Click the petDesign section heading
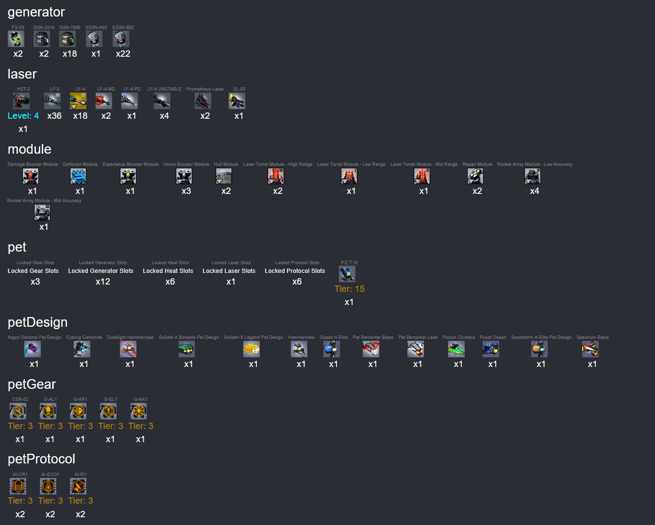pyautogui.click(x=37, y=322)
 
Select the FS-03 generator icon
pyautogui.click(x=16, y=39)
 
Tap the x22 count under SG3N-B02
pyautogui.click(x=123, y=54)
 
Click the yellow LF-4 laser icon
pyautogui.click(x=78, y=101)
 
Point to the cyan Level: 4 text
pyautogui.click(x=23, y=116)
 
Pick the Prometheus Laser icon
pyautogui.click(x=203, y=101)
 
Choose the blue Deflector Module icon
pyautogui.click(x=78, y=176)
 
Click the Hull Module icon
pyautogui.click(x=224, y=176)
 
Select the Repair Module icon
pyautogui.click(x=475, y=176)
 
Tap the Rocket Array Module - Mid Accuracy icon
pyautogui.click(x=42, y=212)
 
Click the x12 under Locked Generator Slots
pyautogui.click(x=103, y=282)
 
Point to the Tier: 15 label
pyautogui.click(x=350, y=289)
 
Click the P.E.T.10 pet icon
pyautogui.click(x=347, y=274)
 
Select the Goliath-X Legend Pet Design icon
pyautogui.click(x=252, y=349)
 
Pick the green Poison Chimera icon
pyautogui.click(x=456, y=349)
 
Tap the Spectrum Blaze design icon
pyautogui.click(x=590, y=349)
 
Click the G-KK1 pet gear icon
pyautogui.click(x=138, y=411)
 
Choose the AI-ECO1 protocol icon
pyautogui.click(x=48, y=486)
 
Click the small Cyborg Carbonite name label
pyautogui.click(x=84, y=337)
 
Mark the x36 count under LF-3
pyautogui.click(x=54, y=116)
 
